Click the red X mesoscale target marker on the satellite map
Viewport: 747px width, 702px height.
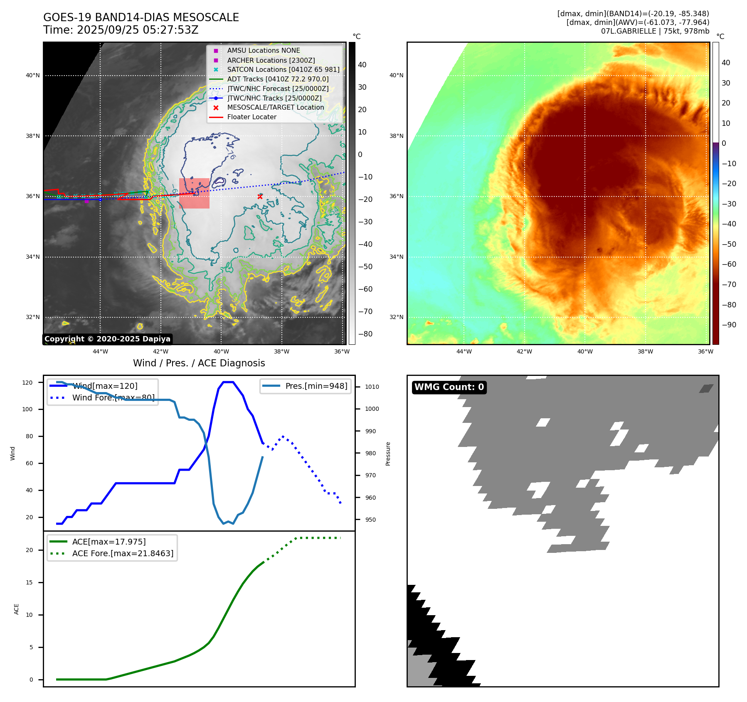(260, 196)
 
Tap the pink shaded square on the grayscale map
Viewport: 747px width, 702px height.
(194, 193)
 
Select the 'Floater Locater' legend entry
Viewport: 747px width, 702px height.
(251, 117)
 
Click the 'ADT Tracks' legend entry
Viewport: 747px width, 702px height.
(278, 79)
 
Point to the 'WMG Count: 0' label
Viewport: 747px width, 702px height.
(449, 387)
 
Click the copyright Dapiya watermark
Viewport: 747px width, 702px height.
(107, 339)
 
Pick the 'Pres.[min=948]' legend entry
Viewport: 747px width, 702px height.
(316, 386)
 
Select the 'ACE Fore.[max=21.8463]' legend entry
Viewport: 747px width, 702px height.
(123, 553)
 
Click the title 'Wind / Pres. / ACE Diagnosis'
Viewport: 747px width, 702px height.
(199, 363)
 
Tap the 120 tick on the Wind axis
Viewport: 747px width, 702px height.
(27, 383)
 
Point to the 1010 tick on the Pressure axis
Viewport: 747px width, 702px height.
(372, 387)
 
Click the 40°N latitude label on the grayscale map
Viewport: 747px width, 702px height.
(33, 76)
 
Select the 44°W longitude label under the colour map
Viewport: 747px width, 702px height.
(464, 351)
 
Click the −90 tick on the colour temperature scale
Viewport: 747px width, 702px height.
(729, 325)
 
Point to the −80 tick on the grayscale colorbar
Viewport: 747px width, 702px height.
(365, 334)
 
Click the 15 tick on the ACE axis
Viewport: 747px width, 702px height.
(29, 582)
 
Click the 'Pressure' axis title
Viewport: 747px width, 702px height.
(388, 454)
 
